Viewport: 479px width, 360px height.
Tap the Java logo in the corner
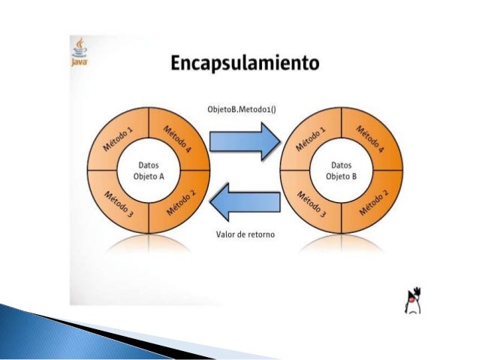pos(79,53)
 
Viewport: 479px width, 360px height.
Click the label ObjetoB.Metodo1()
pos(241,109)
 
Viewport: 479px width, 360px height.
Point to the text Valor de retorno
pos(245,234)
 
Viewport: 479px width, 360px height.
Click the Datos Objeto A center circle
pos(149,170)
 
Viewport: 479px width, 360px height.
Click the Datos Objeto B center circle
pos(342,170)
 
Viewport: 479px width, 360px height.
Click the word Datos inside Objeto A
pos(149,164)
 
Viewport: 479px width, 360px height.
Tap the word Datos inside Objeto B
pos(342,164)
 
